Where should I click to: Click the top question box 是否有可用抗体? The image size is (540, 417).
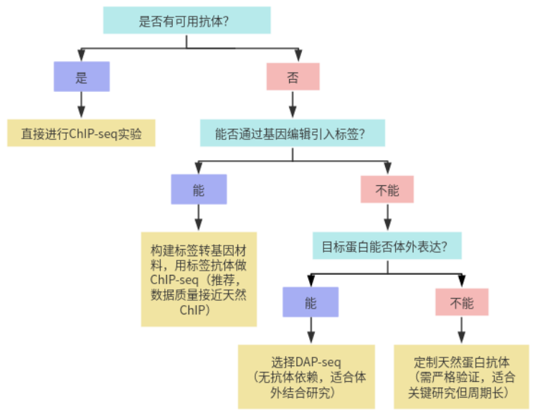click(x=186, y=20)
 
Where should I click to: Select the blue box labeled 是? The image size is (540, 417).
click(x=81, y=76)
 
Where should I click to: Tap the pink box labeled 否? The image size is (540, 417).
click(x=293, y=76)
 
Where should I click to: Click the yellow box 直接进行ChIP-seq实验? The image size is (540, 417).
click(x=81, y=133)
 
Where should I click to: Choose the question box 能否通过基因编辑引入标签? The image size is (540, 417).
click(x=293, y=133)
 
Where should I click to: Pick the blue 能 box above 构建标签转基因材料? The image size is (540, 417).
click(x=199, y=189)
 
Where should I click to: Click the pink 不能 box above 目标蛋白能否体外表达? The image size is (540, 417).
click(x=387, y=189)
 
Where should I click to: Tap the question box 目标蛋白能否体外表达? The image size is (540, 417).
click(x=387, y=246)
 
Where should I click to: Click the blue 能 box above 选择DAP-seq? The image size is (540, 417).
click(x=310, y=302)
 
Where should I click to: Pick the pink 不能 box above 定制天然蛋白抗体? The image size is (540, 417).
click(x=462, y=302)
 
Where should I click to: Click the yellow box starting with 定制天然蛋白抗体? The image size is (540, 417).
click(x=461, y=375)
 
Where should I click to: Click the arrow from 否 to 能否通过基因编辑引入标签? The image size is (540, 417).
click(x=293, y=105)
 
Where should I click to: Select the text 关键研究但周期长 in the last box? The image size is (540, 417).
click(x=461, y=392)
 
